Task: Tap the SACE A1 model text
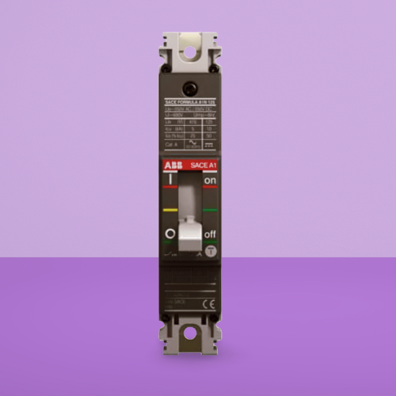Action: point(204,164)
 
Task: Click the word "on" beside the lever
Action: point(210,181)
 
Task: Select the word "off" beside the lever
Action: point(210,234)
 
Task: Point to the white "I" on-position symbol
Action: point(169,181)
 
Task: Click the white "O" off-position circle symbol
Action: point(169,234)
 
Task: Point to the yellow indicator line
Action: point(169,211)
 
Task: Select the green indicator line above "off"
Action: point(210,211)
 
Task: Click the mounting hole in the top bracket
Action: point(190,54)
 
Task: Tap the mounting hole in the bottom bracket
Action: point(190,333)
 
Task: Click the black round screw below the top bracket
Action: point(190,89)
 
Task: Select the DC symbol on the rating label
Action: point(210,146)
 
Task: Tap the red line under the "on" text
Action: point(210,189)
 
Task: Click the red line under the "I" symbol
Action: point(169,189)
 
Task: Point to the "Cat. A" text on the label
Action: point(169,146)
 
